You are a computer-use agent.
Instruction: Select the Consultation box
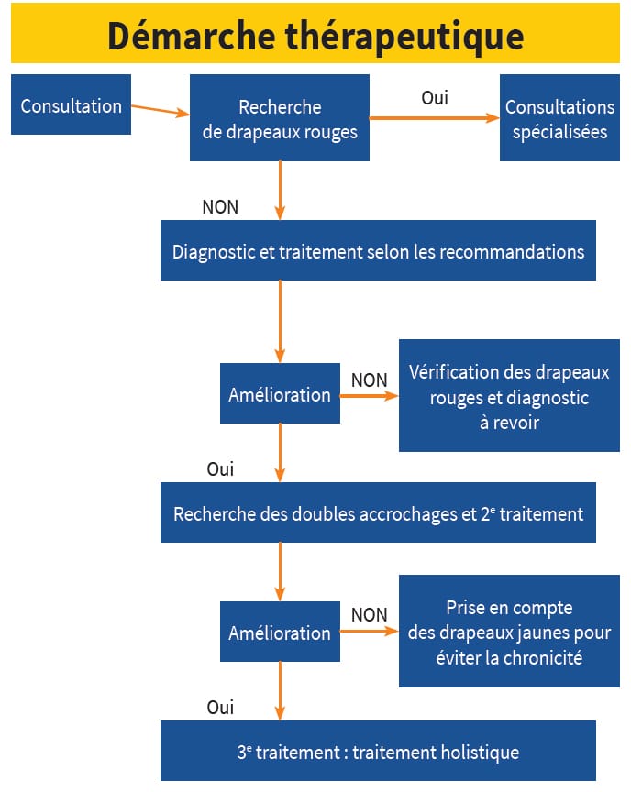[x=71, y=105]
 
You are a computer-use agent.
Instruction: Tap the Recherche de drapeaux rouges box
[x=280, y=119]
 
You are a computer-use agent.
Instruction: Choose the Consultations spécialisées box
[x=559, y=119]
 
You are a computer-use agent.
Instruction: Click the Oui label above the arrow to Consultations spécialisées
[x=435, y=98]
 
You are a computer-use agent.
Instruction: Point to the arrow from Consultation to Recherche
[x=161, y=110]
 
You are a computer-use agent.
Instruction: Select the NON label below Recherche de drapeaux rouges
[x=220, y=207]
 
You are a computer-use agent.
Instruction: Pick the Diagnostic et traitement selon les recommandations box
[x=378, y=250]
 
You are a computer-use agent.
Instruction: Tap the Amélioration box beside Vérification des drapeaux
[x=280, y=394]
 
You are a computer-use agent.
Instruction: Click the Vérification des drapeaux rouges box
[x=509, y=395]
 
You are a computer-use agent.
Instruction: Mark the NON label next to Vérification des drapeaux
[x=369, y=379]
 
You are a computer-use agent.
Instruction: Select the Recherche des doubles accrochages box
[x=378, y=513]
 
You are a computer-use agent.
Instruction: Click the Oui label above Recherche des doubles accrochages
[x=220, y=469]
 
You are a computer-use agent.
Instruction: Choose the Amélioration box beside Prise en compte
[x=280, y=632]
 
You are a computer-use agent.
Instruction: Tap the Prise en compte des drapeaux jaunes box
[x=509, y=632]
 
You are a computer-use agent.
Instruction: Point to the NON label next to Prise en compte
[x=369, y=615]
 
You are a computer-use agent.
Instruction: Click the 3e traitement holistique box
[x=378, y=752]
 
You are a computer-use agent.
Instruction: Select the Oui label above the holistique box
[x=220, y=708]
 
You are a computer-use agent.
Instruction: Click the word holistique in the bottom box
[x=476, y=753]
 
